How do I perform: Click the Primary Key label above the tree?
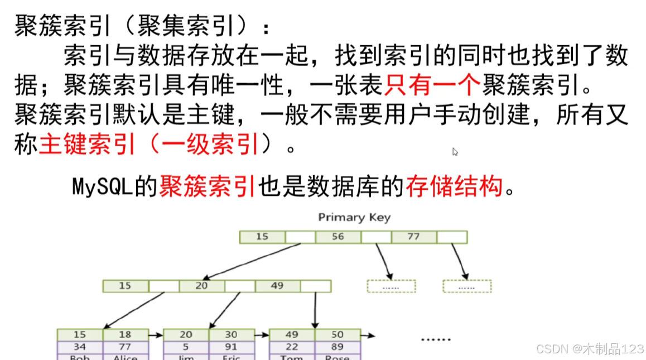tap(354, 217)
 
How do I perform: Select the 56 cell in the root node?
tap(338, 237)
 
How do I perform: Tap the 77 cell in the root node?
tap(413, 237)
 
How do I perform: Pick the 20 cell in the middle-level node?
tap(201, 286)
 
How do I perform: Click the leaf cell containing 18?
tap(125, 334)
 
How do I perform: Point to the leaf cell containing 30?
tap(231, 334)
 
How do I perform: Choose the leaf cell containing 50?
tap(337, 334)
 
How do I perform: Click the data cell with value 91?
tap(231, 346)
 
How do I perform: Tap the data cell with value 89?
tap(337, 346)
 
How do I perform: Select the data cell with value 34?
tap(80, 346)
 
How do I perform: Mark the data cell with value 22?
tap(292, 346)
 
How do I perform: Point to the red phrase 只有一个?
tap(432, 85)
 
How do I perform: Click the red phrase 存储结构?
tap(454, 186)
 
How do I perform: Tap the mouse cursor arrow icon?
tap(455, 151)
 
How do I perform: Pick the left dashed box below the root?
tap(391, 286)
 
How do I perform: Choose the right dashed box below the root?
tap(467, 286)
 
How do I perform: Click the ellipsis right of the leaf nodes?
tap(435, 338)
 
